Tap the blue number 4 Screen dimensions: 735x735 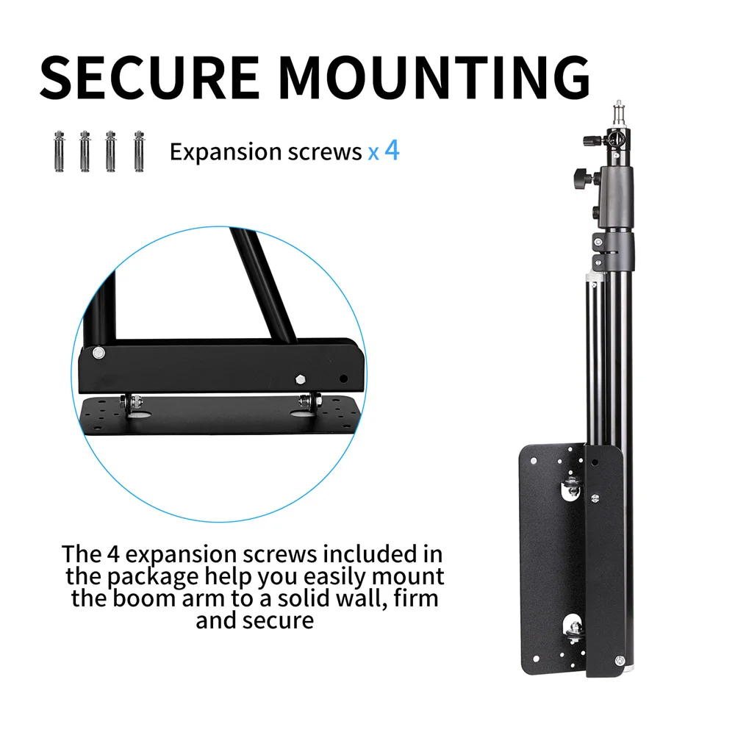392,151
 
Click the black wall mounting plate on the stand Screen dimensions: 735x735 551,559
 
